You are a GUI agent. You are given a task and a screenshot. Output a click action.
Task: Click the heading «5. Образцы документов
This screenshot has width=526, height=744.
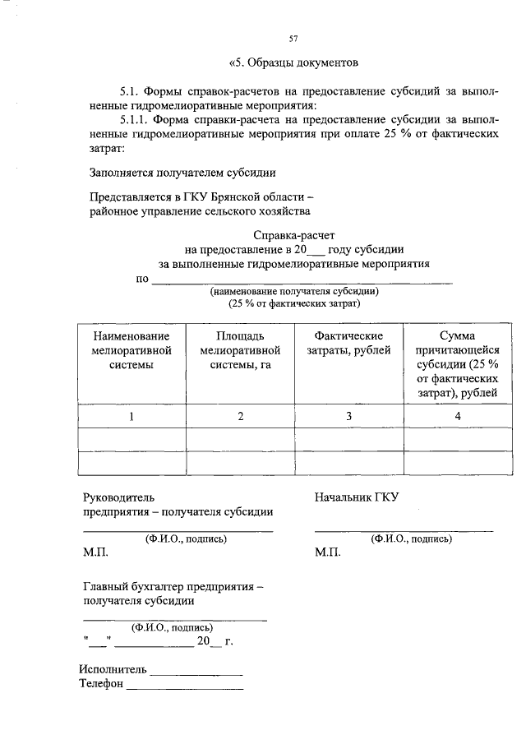point(293,62)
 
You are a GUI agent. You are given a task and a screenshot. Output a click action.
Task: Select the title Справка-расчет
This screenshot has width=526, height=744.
point(294,235)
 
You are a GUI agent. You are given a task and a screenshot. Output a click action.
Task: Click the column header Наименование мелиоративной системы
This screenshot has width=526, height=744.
point(131,351)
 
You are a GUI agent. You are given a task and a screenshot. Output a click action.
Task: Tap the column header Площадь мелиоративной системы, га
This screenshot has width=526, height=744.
point(241,351)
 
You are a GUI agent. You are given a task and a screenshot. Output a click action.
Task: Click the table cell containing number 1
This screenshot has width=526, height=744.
point(131,417)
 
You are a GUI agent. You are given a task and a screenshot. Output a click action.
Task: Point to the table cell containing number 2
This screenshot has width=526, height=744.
point(241,417)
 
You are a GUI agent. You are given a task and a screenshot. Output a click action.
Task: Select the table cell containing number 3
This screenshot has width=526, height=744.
point(348,417)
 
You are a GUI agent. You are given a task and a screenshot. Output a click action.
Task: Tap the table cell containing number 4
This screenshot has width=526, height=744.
point(457,417)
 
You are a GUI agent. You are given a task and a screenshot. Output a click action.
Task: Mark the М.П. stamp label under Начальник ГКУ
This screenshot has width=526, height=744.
point(327,553)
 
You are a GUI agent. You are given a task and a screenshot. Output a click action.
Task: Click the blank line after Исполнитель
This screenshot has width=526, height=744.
point(196,674)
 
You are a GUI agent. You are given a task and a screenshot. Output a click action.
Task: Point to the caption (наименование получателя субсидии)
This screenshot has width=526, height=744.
point(294,291)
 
